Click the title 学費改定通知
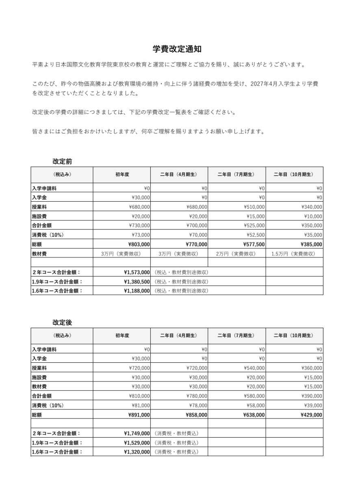(x=177, y=49)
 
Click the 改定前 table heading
(x=62, y=161)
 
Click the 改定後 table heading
(x=62, y=322)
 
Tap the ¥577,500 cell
(x=254, y=244)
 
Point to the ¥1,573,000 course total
(x=137, y=272)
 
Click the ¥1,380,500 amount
(x=137, y=281)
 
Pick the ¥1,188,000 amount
(x=137, y=290)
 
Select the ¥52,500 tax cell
(x=256, y=235)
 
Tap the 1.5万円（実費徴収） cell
(x=293, y=254)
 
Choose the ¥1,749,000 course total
(x=137, y=434)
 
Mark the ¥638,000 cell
(x=254, y=415)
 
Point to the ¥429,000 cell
(x=311, y=415)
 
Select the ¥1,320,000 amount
(x=137, y=452)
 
